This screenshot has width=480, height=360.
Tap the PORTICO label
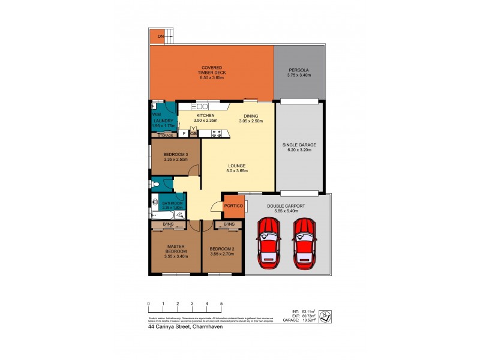pos(233,206)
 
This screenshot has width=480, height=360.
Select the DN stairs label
pos(161,37)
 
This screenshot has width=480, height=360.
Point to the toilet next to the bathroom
pos(155,184)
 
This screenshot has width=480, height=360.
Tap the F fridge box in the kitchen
pos(184,133)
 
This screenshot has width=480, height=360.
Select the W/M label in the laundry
pos(156,114)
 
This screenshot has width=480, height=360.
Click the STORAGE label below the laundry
pos(165,136)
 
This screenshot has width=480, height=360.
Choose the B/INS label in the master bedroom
pos(169,225)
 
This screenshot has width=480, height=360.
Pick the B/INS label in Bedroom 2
pos(229,225)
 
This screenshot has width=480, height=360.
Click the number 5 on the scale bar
pos(221,304)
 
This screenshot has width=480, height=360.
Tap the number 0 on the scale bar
pos(148,304)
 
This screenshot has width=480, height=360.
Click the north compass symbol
pos(325,314)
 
